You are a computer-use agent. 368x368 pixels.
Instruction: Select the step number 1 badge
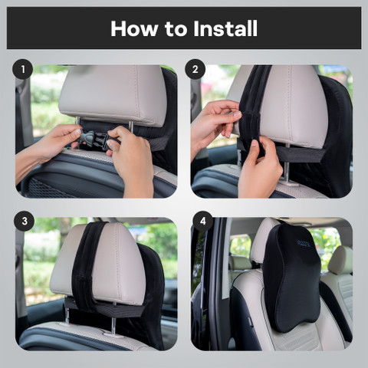pos(24,70)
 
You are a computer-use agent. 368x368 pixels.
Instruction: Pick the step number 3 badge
pos(24,222)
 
